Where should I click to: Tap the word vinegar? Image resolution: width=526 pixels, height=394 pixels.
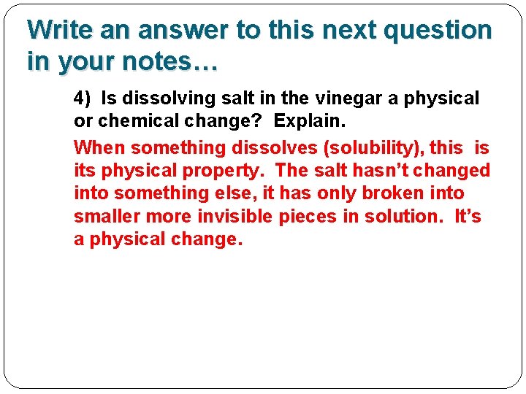(x=344, y=98)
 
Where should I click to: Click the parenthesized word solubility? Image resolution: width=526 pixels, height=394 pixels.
(x=373, y=148)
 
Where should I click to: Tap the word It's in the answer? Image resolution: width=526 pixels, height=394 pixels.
(x=468, y=216)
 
